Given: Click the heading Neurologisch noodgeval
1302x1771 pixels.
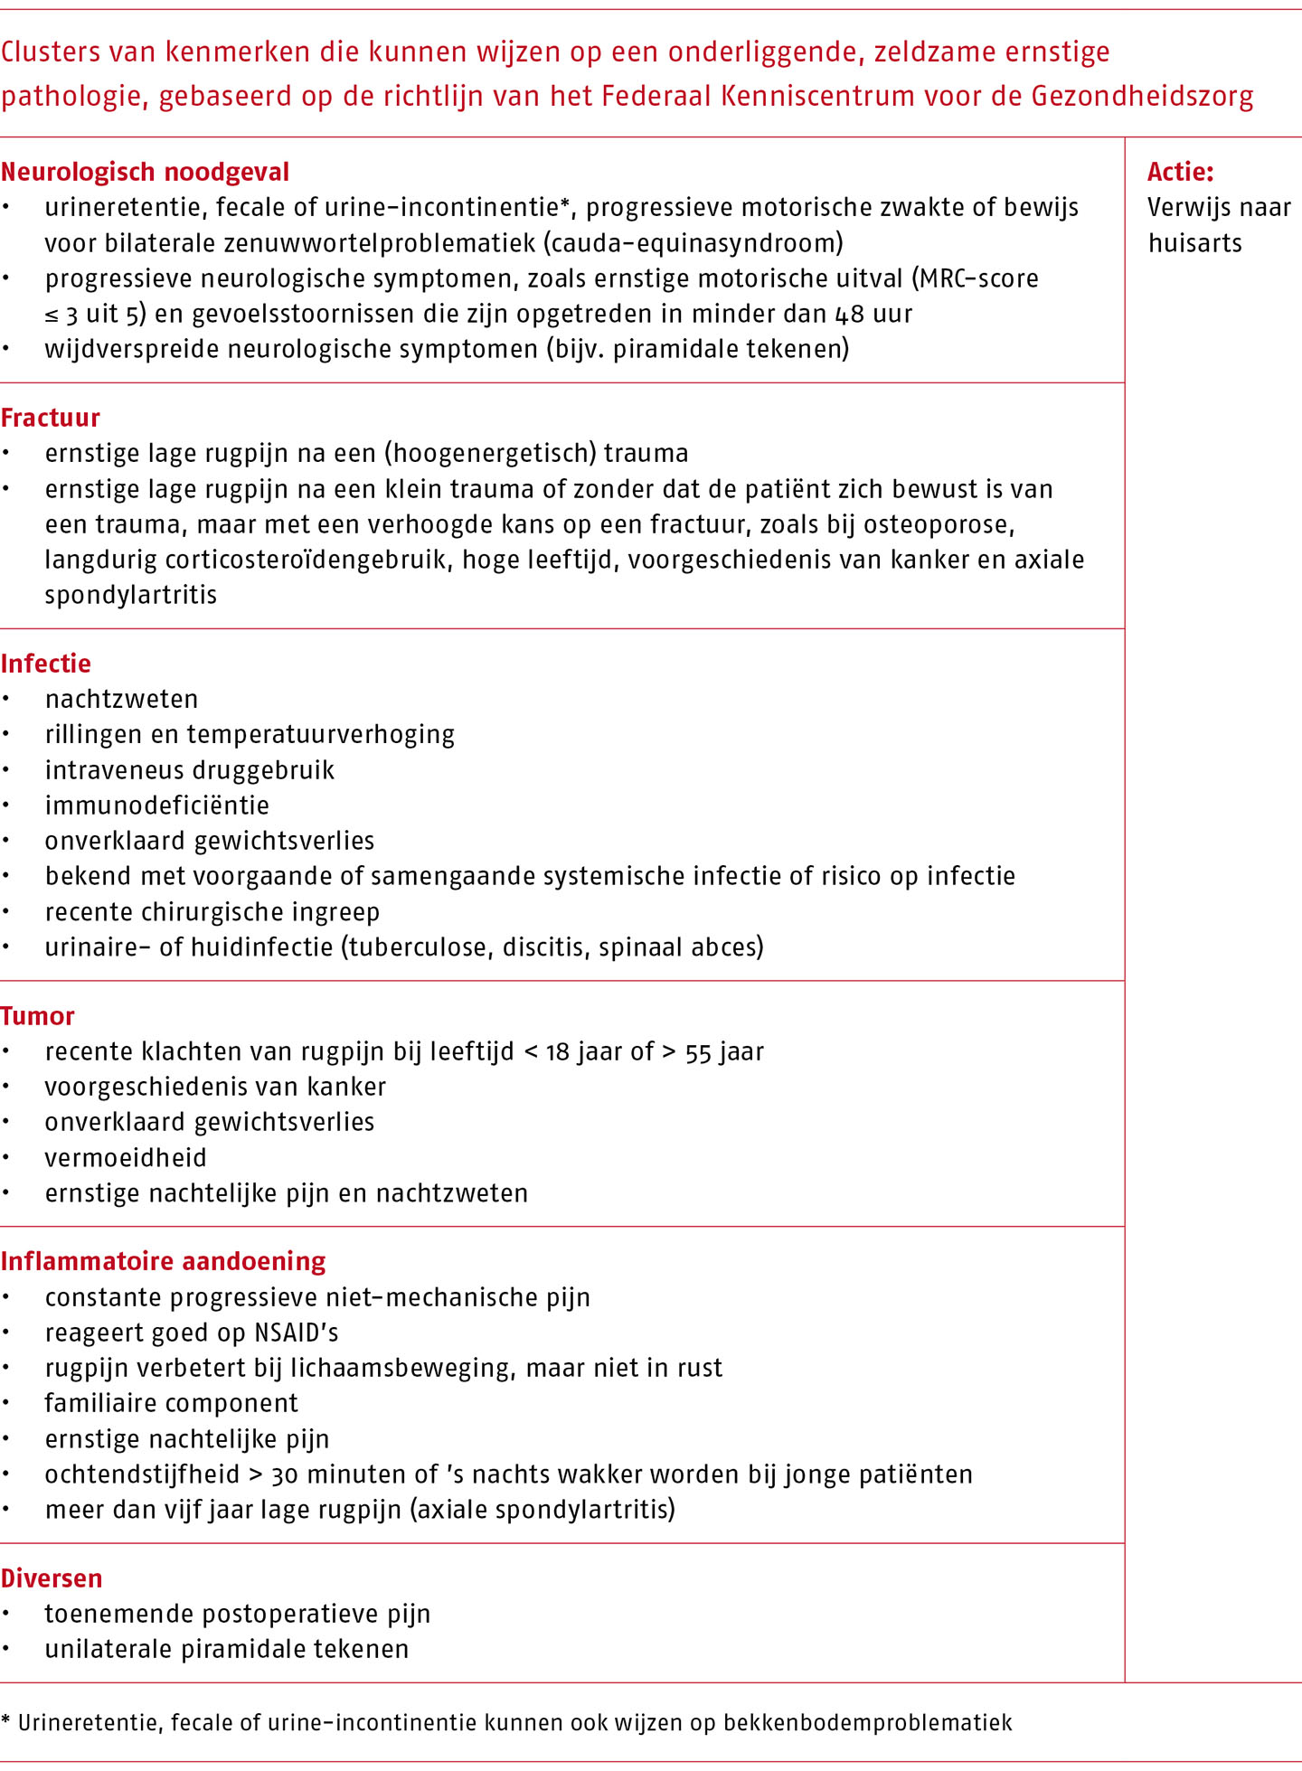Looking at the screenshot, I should click(145, 172).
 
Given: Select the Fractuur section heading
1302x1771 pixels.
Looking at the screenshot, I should click(51, 418).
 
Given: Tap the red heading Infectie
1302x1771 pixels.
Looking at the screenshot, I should click(46, 664).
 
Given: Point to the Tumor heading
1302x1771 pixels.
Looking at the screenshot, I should click(38, 1016).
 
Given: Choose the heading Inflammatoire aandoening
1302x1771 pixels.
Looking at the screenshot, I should click(164, 1261).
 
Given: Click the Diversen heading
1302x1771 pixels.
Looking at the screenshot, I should click(52, 1578).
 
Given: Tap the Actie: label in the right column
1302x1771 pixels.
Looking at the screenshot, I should click(1181, 172).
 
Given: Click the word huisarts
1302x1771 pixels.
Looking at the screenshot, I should click(1195, 243).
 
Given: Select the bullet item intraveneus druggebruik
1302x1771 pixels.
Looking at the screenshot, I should click(190, 770).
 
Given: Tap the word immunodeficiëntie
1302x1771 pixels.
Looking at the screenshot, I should click(157, 805).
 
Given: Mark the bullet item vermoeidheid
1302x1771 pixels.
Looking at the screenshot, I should click(126, 1158).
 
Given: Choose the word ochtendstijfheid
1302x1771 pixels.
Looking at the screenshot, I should click(142, 1474).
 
